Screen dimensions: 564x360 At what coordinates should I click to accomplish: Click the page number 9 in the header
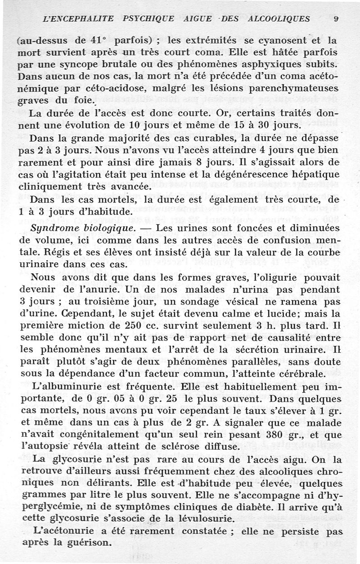point(336,19)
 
